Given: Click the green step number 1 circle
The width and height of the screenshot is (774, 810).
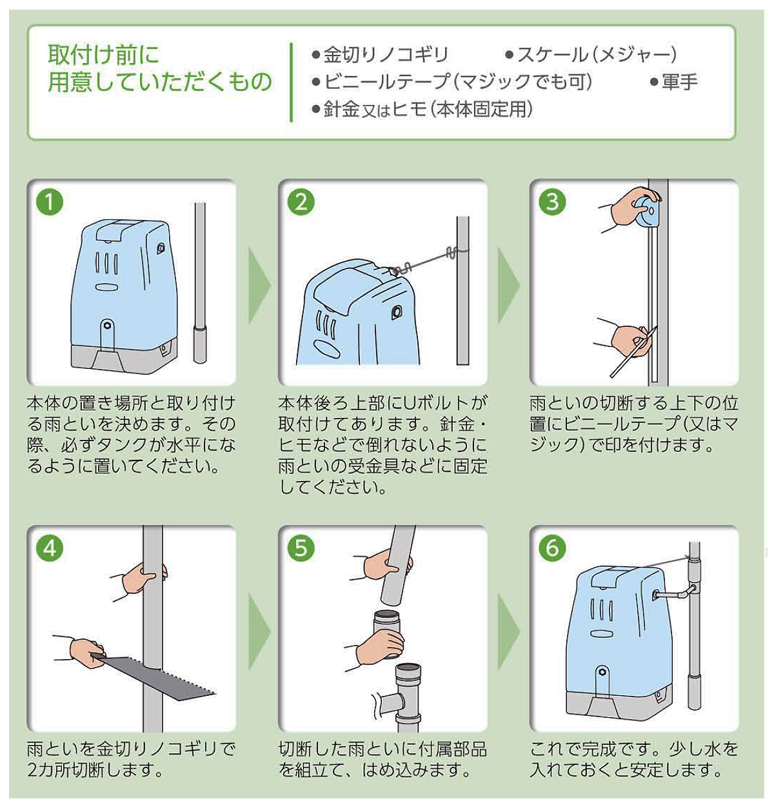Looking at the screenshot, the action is point(50,202).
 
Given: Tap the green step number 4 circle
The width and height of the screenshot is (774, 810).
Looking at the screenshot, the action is point(50,548).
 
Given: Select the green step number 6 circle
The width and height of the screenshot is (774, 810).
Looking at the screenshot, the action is point(552,548).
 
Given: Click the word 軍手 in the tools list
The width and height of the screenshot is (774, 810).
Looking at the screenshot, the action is point(679,82).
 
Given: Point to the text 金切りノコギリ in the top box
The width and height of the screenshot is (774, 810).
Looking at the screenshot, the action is point(386,55).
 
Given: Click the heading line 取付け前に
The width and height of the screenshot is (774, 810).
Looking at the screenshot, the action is point(104,55).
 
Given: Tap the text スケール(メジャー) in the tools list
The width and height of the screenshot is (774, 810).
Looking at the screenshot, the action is point(597,55).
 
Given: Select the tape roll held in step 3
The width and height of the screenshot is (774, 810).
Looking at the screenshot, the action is point(646,210).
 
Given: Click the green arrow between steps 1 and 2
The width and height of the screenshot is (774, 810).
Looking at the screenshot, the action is point(260,285).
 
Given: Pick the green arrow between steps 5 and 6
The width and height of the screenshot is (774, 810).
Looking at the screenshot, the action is point(509,631).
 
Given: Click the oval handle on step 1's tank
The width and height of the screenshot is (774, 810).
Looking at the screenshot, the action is point(107,287).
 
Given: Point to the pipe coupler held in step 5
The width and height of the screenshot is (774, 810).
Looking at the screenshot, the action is point(387,633).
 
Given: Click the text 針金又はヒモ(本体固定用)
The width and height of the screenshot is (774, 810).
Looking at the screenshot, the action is point(422,110).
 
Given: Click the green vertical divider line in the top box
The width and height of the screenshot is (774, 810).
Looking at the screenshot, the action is point(291,82).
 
